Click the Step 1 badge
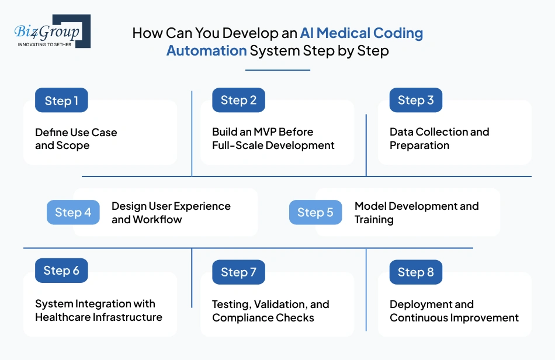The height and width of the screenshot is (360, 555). (61, 101)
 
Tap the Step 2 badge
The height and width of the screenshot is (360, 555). (238, 100)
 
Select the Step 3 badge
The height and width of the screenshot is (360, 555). (415, 100)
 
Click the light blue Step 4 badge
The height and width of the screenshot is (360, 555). (73, 212)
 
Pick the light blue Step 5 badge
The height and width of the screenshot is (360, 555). (315, 212)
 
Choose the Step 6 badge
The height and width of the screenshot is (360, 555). (61, 270)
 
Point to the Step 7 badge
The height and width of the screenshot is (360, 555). (238, 272)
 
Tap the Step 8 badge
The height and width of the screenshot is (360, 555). (415, 272)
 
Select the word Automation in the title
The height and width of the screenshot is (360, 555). (206, 50)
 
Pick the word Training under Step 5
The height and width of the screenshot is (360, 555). (374, 220)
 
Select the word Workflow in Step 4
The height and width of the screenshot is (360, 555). (158, 220)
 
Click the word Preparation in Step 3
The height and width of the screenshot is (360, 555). (419, 145)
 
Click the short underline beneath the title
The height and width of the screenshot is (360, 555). (277, 70)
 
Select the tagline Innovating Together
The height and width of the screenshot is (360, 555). (44, 44)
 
